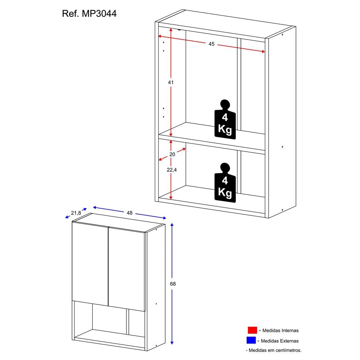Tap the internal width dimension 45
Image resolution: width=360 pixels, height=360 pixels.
[211, 44]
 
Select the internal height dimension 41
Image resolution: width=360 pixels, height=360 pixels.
[171, 82]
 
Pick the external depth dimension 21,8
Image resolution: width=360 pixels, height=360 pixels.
[76, 213]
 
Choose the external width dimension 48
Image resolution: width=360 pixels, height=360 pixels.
[130, 213]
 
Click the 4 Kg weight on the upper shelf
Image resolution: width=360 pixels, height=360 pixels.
[225, 119]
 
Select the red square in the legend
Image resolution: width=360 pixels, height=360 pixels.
[252, 330]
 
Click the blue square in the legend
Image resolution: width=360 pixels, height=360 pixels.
[252, 340]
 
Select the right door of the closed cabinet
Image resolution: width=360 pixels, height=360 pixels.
[126, 268]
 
